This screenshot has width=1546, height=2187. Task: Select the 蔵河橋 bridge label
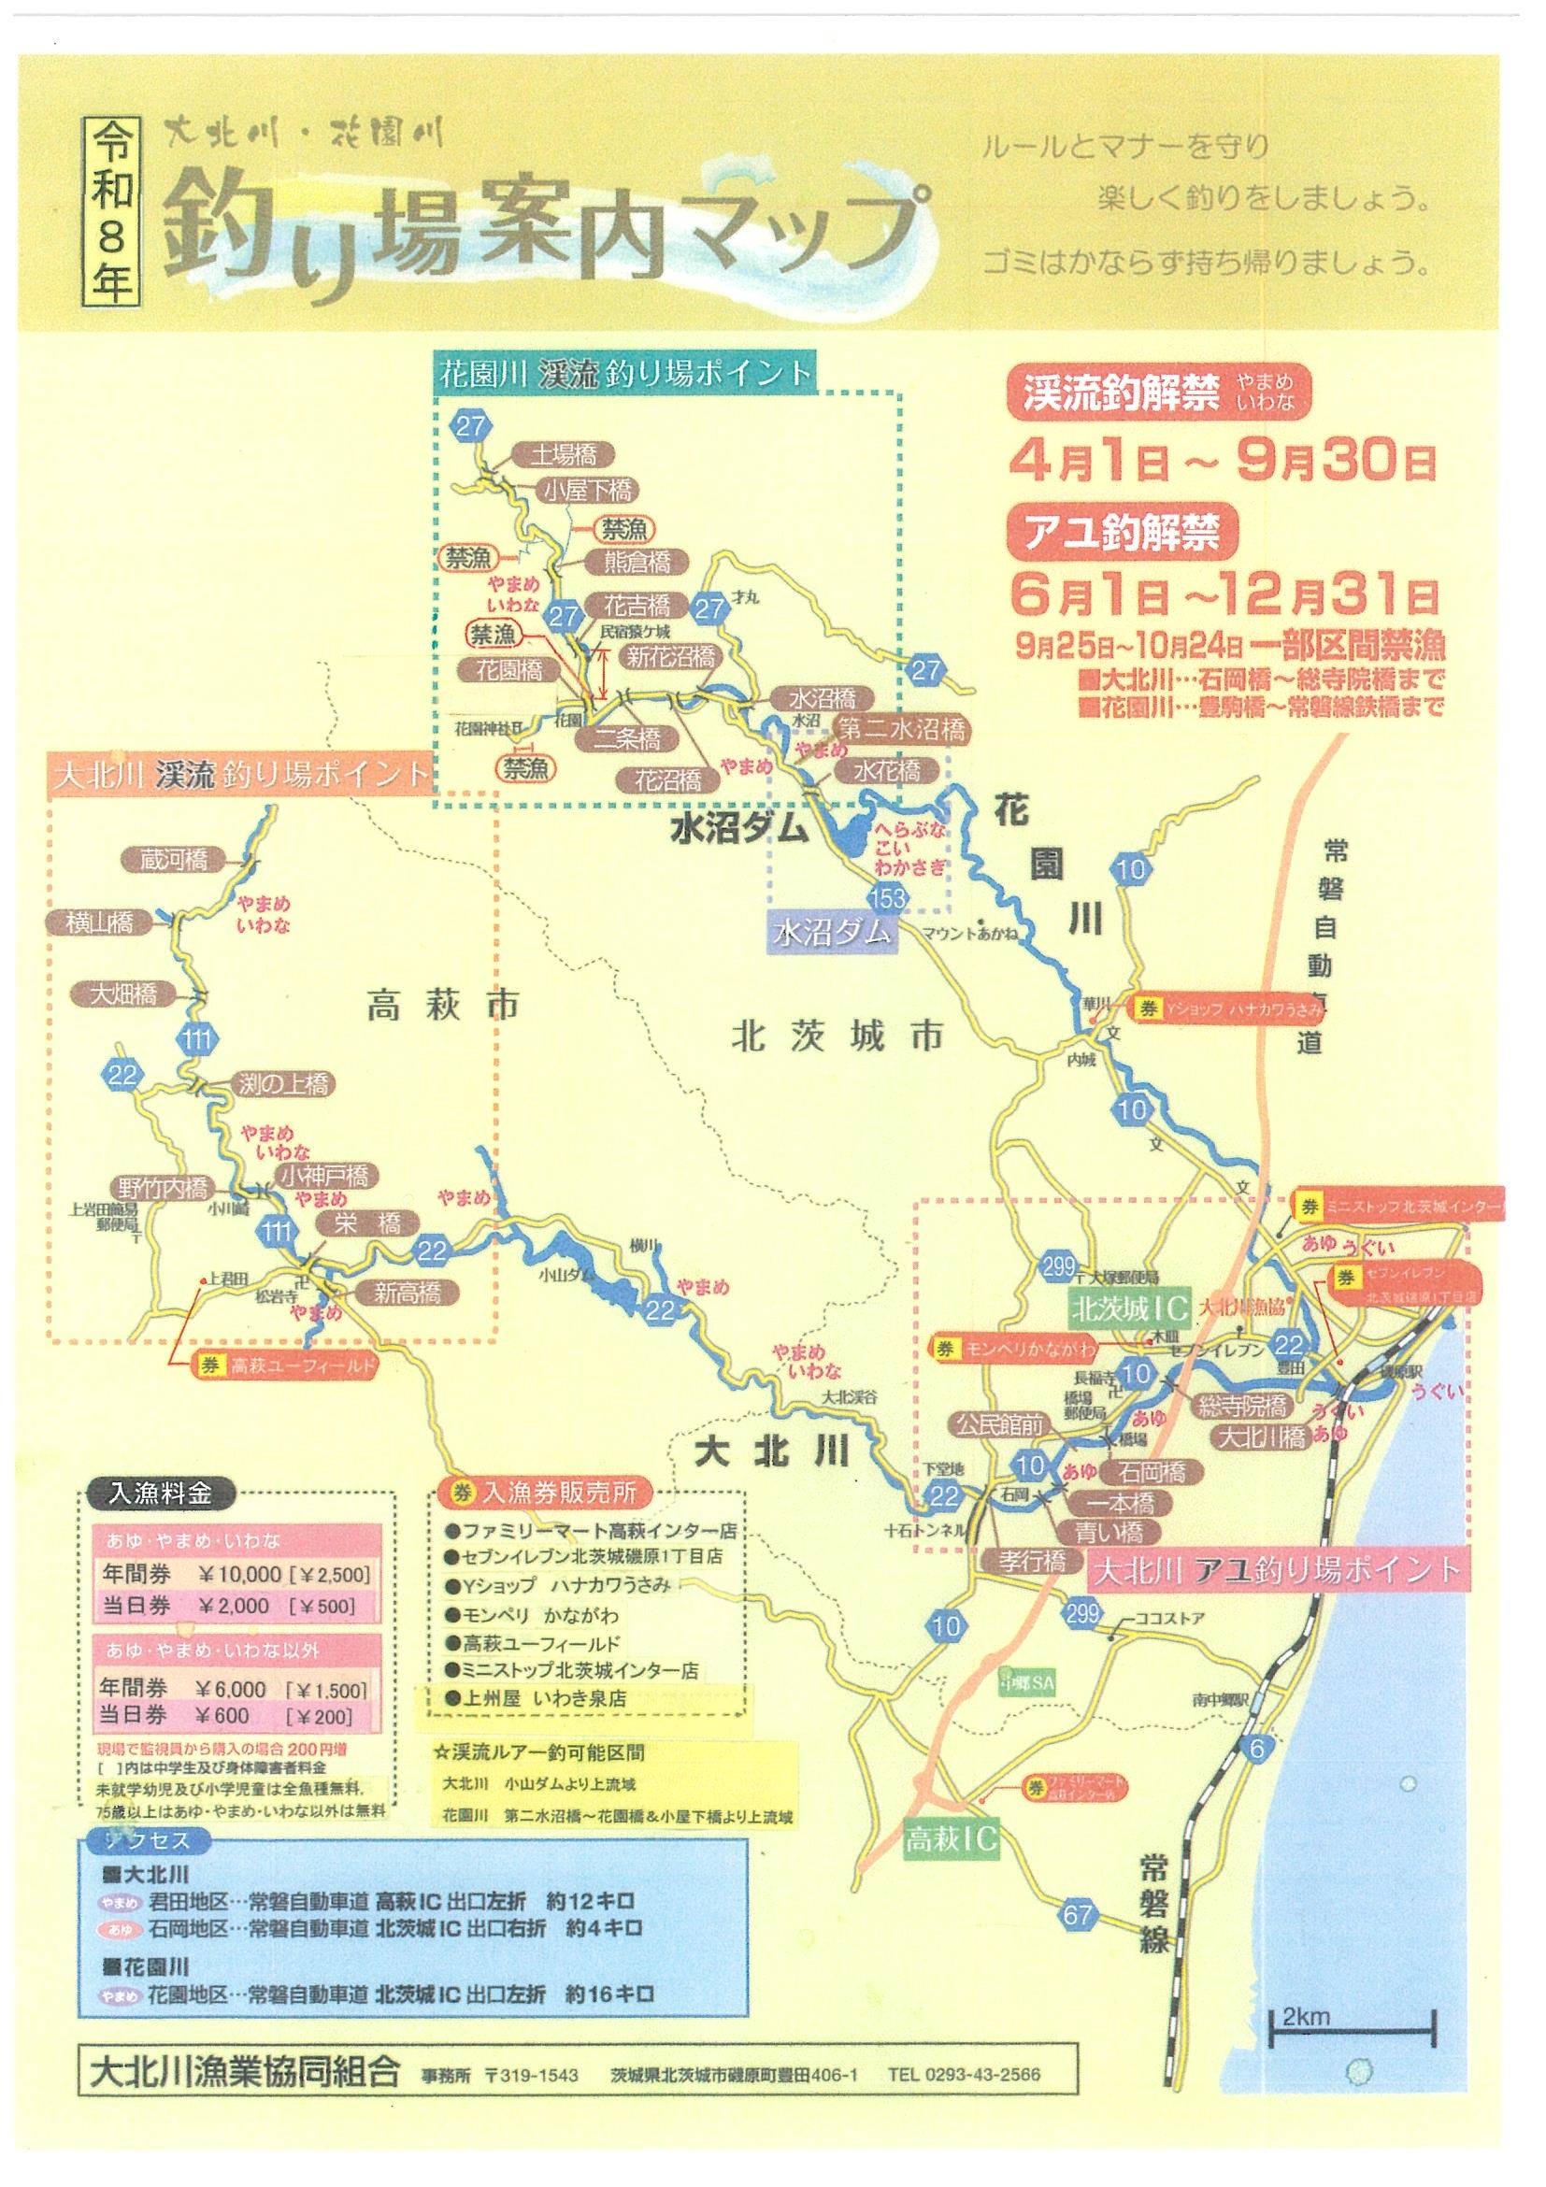coord(165,857)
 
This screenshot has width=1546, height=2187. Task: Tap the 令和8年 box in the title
coord(115,208)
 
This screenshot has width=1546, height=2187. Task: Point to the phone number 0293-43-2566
coord(963,2068)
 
